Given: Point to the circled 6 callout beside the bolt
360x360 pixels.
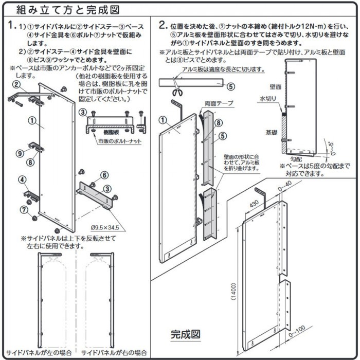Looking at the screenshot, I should coord(104,175).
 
